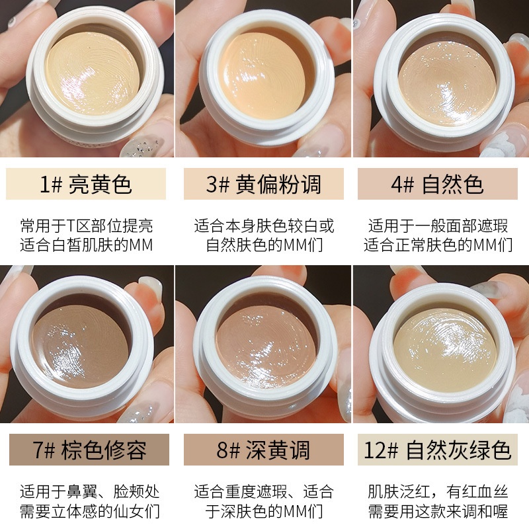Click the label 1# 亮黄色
click(x=87, y=184)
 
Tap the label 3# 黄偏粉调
click(x=263, y=184)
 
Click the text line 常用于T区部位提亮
click(x=87, y=226)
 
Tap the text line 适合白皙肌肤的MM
click(x=87, y=246)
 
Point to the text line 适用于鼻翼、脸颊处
click(x=87, y=492)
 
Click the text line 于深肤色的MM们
click(x=263, y=512)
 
